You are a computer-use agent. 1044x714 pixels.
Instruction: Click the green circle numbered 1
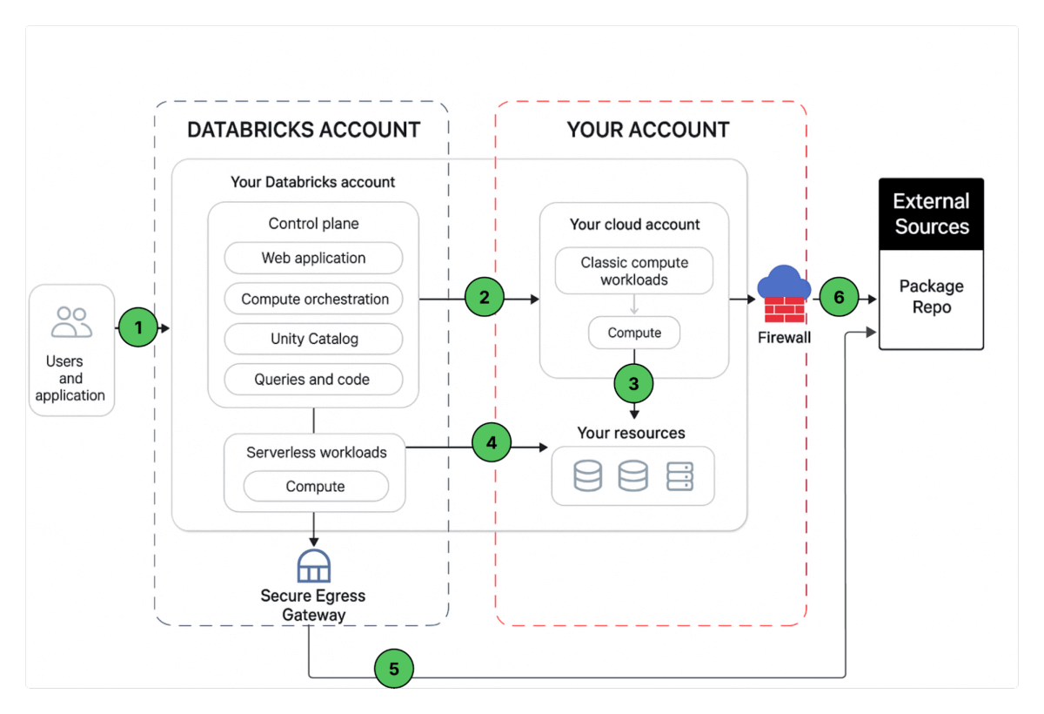(x=137, y=328)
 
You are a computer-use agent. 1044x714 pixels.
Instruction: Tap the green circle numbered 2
(x=485, y=298)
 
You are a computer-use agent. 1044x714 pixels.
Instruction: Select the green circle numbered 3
(x=633, y=382)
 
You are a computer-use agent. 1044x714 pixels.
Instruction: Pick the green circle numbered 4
(x=492, y=442)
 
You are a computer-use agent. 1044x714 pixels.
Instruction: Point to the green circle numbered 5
(x=394, y=669)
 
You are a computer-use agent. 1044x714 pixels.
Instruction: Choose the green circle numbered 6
(x=839, y=298)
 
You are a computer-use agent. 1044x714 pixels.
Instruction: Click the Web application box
(x=313, y=259)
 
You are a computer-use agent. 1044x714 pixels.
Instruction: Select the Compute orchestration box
(x=314, y=299)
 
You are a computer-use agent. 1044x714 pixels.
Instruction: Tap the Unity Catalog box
(x=314, y=339)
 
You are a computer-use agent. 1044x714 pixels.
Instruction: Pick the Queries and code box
(x=312, y=380)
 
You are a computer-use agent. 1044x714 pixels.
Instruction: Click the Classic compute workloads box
(x=634, y=271)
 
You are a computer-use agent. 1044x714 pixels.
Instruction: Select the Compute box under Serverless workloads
(x=315, y=487)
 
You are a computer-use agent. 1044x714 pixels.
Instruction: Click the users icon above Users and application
(x=71, y=322)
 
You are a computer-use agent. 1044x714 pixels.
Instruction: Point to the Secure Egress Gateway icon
(x=313, y=566)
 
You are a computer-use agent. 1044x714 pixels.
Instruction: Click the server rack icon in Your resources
(x=679, y=476)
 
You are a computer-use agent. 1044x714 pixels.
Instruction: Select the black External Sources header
(x=931, y=214)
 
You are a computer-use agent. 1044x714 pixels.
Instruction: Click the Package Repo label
(x=931, y=297)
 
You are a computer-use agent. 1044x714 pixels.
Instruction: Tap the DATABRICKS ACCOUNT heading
(x=304, y=131)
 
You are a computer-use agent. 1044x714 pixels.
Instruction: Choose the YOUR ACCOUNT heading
(x=648, y=131)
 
